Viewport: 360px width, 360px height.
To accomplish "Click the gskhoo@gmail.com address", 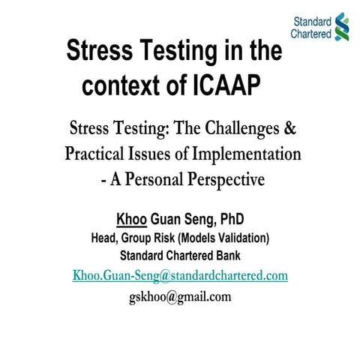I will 180,296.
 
